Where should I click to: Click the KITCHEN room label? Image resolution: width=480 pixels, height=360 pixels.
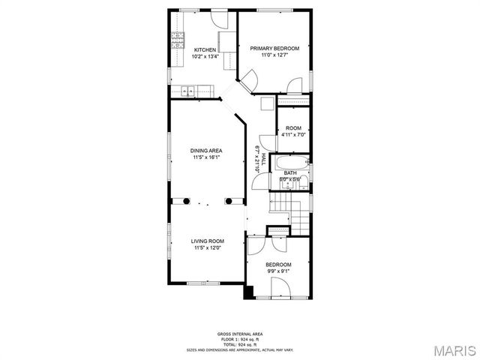pos(205,50)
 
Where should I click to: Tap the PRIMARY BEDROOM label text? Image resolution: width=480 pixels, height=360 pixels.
pos(274,49)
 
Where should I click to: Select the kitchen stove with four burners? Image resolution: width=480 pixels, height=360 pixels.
pos(177,41)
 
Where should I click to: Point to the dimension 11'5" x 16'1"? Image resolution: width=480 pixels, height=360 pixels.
pos(205,157)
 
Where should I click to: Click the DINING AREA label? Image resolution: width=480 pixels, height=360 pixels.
pos(205,151)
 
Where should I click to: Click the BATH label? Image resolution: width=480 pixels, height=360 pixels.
pos(289,173)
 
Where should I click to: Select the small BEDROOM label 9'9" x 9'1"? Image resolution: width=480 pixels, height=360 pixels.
pos(278,265)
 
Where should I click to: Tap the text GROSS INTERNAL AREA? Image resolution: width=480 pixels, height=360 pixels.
pos(240,334)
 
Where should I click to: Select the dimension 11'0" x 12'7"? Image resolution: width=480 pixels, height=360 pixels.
pos(274,55)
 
